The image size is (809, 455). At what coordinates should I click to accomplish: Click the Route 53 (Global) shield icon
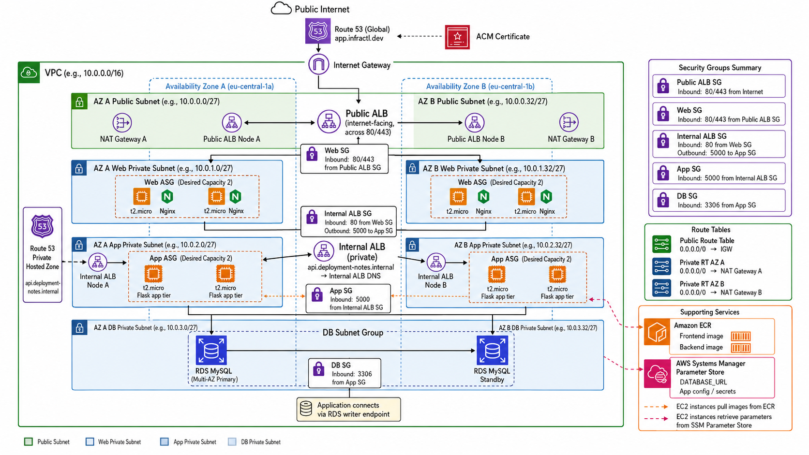318,31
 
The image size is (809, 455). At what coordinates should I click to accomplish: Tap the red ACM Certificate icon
457,37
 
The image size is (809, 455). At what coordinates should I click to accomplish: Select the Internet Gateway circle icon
318,65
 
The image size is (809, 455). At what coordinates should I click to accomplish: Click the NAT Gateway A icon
122,123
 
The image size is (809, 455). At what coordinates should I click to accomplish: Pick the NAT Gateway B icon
569,122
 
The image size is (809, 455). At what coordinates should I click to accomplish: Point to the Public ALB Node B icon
475,123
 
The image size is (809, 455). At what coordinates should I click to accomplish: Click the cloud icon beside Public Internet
281,8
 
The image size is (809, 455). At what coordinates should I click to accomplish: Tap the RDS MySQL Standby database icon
492,351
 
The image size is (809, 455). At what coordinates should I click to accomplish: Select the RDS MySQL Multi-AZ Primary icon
211,351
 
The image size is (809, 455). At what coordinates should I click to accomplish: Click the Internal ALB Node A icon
98,262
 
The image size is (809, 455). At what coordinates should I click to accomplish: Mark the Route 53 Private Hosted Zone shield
42,226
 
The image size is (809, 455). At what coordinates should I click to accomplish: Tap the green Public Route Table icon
661,244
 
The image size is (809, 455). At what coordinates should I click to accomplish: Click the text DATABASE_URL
703,382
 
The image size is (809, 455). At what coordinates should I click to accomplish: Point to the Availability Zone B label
480,87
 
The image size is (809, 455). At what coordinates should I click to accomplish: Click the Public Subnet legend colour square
29,441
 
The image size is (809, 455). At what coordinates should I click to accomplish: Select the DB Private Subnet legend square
232,441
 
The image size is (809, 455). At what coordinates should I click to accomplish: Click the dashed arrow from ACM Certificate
419,36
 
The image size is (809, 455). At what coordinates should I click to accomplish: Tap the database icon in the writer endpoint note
306,409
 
